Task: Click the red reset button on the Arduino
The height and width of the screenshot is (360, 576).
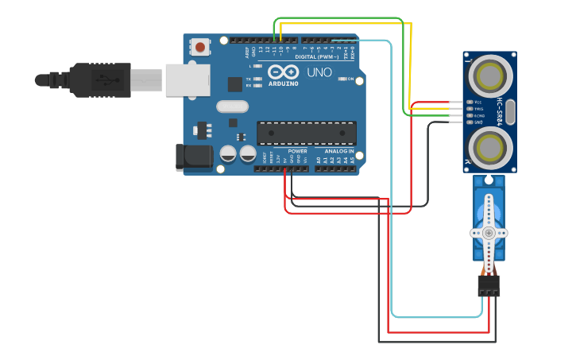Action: click(x=199, y=48)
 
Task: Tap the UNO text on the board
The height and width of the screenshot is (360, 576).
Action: click(x=319, y=72)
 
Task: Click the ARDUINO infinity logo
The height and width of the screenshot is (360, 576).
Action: click(x=283, y=72)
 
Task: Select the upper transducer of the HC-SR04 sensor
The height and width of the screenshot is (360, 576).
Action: click(x=490, y=76)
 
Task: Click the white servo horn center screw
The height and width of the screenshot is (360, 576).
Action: click(x=489, y=233)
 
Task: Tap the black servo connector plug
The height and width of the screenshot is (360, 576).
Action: click(x=489, y=285)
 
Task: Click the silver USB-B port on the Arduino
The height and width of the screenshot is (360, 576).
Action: click(x=187, y=80)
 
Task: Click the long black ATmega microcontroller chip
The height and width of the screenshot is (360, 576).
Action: click(x=306, y=134)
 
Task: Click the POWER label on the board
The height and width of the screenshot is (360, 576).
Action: click(x=297, y=150)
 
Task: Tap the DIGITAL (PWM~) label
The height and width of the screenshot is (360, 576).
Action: click(x=316, y=57)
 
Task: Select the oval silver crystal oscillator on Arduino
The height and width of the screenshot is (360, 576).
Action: click(x=232, y=106)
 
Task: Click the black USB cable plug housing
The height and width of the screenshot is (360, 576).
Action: click(x=99, y=79)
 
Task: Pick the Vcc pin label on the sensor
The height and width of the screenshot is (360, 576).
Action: click(x=478, y=103)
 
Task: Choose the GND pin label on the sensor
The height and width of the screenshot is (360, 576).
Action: click(x=478, y=122)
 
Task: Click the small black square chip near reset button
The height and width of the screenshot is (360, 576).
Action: click(x=235, y=84)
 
